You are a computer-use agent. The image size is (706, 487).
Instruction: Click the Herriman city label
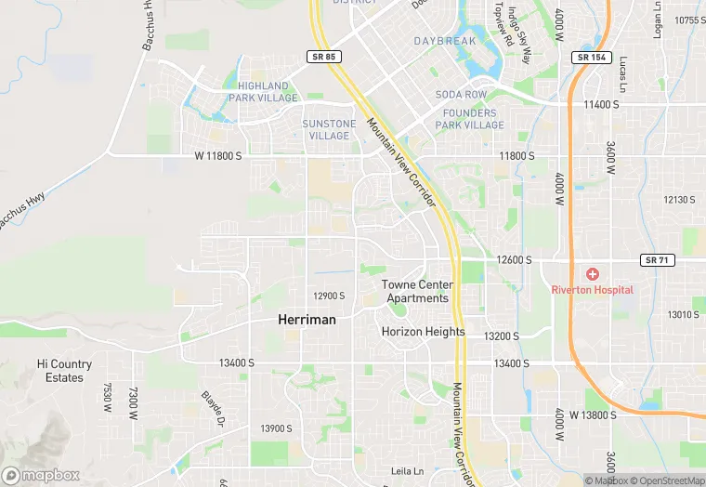[307, 319]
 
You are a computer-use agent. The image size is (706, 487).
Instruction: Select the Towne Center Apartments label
[417, 292]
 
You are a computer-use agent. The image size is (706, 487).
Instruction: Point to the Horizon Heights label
[423, 332]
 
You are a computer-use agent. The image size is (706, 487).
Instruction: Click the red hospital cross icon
[592, 275]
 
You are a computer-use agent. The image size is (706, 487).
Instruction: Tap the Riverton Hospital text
[592, 290]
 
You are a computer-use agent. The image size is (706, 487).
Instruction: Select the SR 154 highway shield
[591, 57]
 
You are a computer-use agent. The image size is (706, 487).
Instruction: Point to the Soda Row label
[461, 95]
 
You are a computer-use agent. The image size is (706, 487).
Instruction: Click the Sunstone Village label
[329, 129]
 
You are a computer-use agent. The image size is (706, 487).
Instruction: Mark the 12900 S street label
[329, 296]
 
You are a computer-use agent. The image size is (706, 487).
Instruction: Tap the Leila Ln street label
[407, 471]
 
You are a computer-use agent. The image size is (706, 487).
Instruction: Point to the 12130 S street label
[679, 200]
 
